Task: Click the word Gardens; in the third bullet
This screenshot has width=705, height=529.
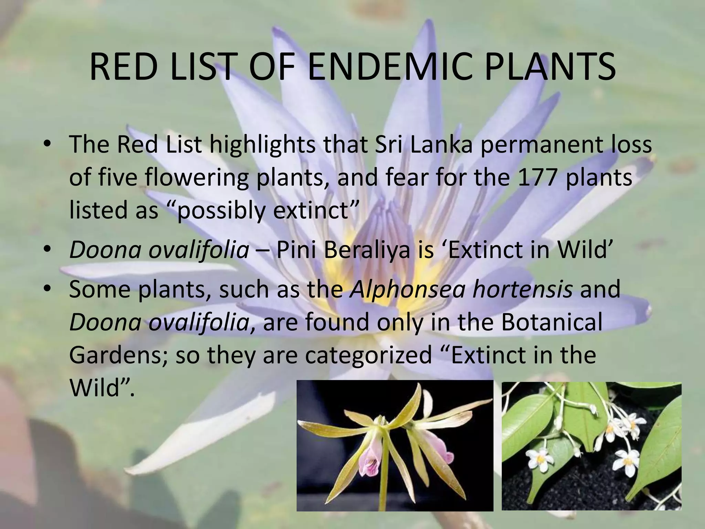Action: (x=118, y=355)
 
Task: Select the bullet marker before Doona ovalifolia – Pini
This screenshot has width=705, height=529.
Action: (x=48, y=250)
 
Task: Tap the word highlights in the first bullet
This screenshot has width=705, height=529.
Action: (x=262, y=145)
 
